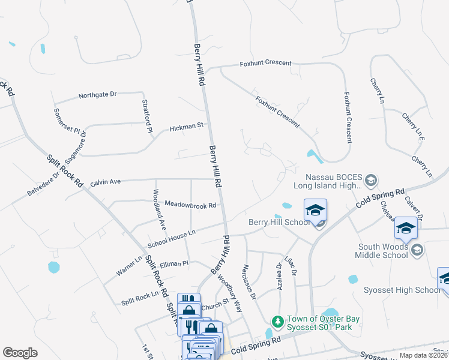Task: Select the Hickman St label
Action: [187, 127]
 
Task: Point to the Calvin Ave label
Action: [106, 182]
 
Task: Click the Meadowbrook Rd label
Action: [190, 205]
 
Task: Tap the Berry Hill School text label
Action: [280, 223]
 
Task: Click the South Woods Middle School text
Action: [383, 250]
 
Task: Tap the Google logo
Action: [20, 353]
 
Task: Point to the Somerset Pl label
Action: [66, 120]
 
